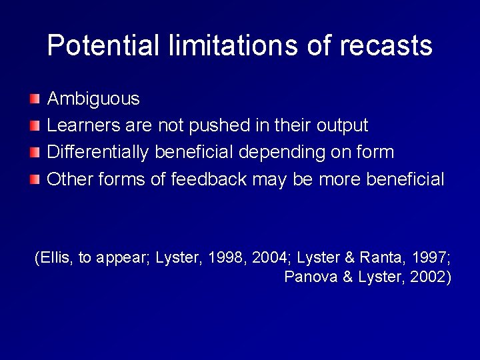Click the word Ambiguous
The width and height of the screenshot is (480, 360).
(x=93, y=99)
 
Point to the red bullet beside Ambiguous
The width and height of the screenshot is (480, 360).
(x=35, y=100)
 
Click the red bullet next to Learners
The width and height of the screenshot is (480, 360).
(x=35, y=126)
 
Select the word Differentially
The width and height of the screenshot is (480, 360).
(x=99, y=152)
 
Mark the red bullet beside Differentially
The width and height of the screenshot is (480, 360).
(x=35, y=153)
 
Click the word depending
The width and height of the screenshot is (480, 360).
(x=273, y=153)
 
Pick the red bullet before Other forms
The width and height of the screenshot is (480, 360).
(x=35, y=179)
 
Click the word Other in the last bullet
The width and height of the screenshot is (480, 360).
(x=69, y=179)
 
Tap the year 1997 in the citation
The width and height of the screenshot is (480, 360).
(x=431, y=258)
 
